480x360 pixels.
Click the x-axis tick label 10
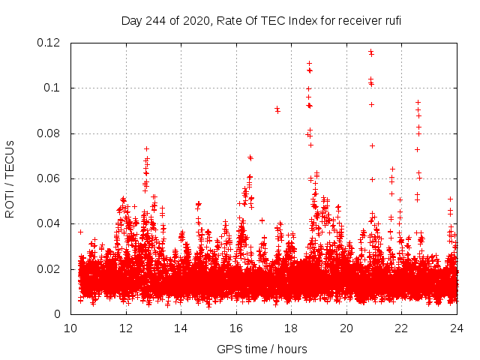(x=70, y=328)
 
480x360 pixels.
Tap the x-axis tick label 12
(x=126, y=328)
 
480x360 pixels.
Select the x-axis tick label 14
(x=181, y=328)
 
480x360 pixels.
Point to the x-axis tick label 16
(x=236, y=328)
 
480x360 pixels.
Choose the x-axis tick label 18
(x=291, y=328)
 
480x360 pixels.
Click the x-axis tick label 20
(x=346, y=328)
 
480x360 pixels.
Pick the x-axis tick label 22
(x=401, y=328)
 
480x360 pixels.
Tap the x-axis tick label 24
(x=457, y=328)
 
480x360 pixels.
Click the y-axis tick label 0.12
(x=49, y=43)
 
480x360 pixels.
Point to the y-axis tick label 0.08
(x=49, y=133)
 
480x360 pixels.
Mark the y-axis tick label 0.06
(x=49, y=178)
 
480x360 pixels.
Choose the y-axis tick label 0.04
(x=49, y=223)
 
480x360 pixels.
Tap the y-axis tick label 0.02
(x=49, y=268)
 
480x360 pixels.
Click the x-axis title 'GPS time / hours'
(x=263, y=349)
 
